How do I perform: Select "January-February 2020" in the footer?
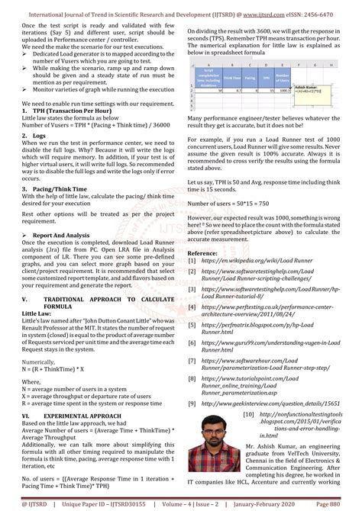point(276,503)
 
